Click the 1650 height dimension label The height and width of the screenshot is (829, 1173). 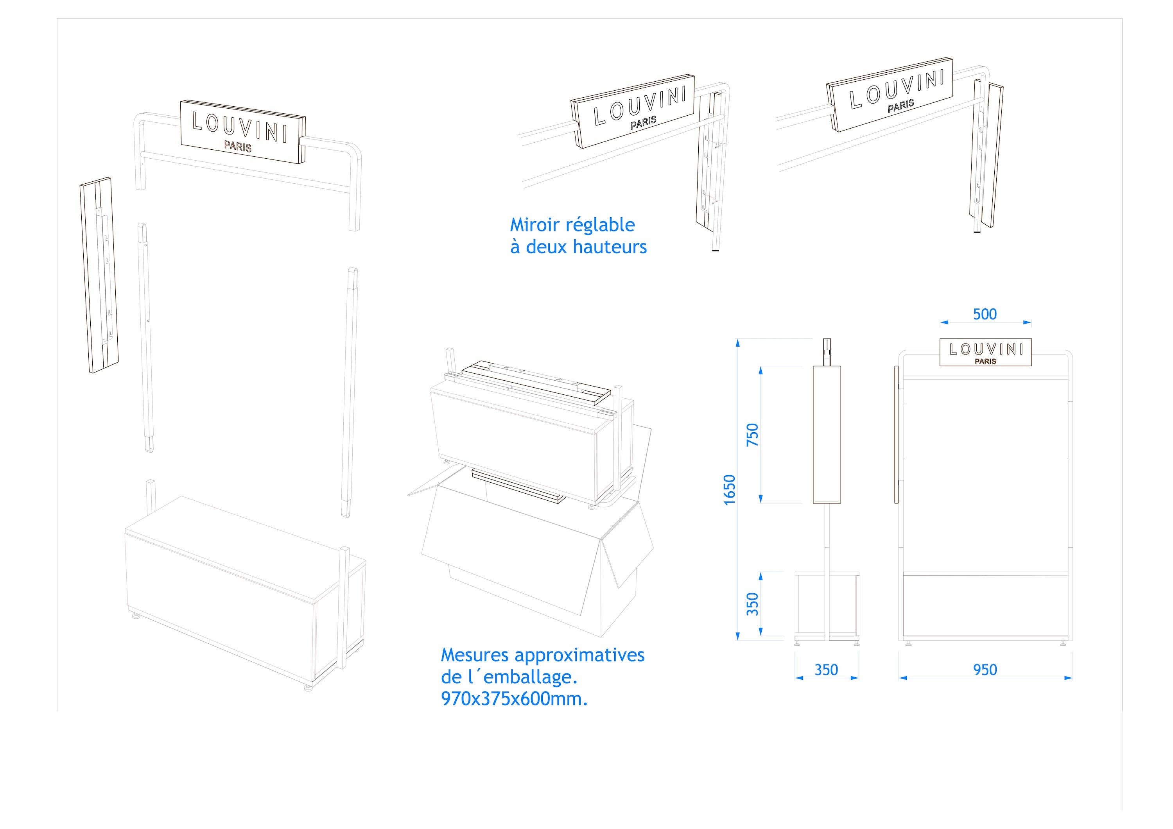pos(730,489)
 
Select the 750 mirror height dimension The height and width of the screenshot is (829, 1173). pos(753,435)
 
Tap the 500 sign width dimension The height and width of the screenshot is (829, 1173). pos(985,314)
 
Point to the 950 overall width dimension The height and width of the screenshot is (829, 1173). pos(985,670)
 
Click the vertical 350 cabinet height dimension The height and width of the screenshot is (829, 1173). pos(753,604)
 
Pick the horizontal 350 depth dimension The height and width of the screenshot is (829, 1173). pos(826,670)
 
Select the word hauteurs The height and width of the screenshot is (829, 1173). pos(610,247)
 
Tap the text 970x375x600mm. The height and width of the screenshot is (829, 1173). pos(514,699)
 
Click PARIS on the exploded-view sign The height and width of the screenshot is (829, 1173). pos(238,147)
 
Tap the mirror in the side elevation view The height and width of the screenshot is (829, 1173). pos(827,434)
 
